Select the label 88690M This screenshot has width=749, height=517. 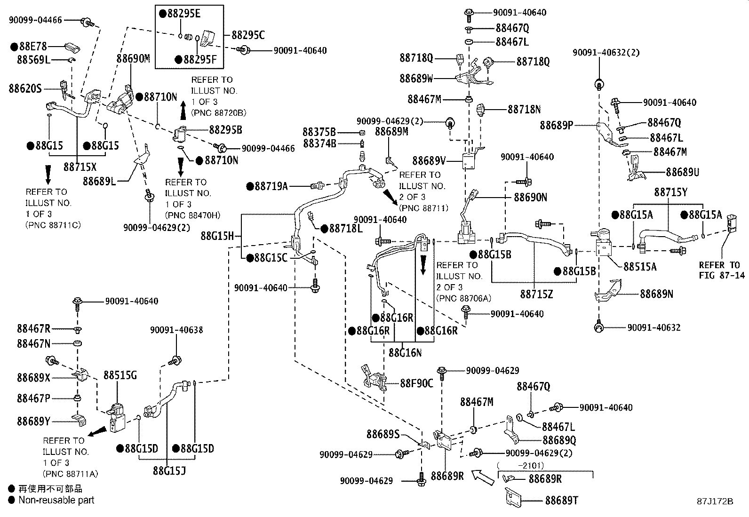pos(133,58)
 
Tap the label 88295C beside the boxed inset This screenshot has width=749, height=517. pos(248,35)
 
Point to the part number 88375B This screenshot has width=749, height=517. pos(319,132)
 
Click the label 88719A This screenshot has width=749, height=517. pos(271,186)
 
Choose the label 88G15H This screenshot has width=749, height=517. pos(217,236)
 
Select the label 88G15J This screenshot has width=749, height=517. pos(169,469)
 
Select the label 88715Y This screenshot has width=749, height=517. pos(670,192)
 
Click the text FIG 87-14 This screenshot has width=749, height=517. pos(722,275)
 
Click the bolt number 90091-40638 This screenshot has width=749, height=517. pos(176,330)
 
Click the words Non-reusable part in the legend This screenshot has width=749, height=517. pos(56,501)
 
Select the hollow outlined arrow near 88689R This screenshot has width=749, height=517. pos(483,477)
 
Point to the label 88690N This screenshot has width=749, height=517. pos(530,197)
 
